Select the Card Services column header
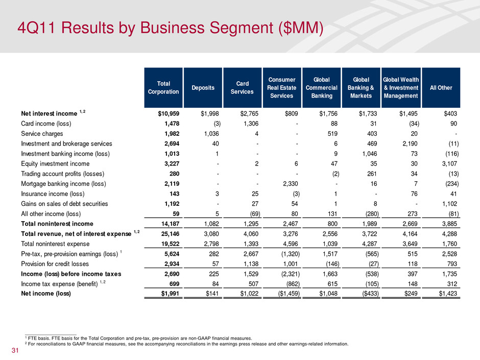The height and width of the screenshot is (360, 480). [242, 87]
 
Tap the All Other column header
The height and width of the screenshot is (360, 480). [441, 87]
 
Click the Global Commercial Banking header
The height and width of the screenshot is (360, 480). [321, 87]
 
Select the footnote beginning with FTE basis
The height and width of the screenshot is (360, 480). [138, 338]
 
